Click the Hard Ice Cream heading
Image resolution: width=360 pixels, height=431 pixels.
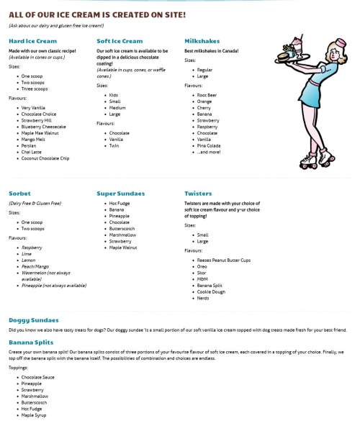[32, 41]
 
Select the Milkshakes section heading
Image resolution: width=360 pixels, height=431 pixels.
[202, 41]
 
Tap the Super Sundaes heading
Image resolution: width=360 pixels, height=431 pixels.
[121, 194]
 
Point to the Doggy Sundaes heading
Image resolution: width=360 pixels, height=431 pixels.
[33, 319]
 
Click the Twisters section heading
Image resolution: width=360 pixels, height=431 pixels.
[198, 194]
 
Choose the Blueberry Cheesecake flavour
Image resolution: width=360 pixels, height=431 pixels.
[45, 127]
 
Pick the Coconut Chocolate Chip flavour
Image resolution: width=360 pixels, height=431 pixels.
[45, 158]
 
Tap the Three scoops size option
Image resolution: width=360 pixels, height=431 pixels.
[35, 89]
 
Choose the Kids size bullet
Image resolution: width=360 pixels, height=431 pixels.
[114, 95]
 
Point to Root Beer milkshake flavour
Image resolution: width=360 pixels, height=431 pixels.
[207, 94]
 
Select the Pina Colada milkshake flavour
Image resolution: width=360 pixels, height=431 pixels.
[210, 145]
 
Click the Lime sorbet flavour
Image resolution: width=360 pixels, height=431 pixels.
[27, 253]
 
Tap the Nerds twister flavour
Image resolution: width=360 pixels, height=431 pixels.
[204, 298]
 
